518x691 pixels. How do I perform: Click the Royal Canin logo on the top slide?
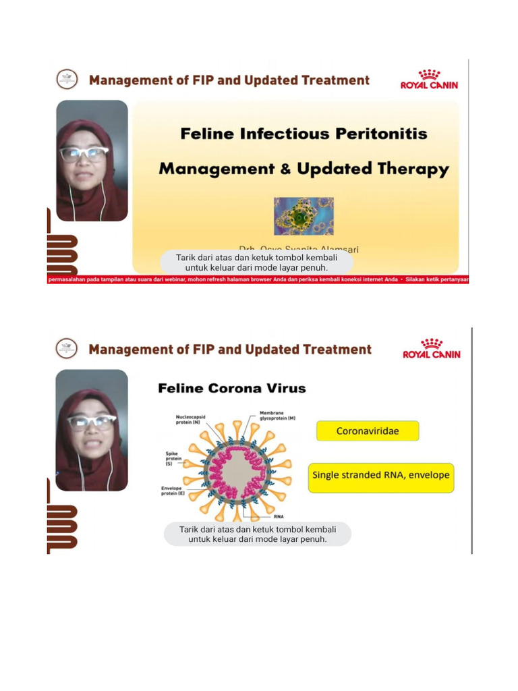429,79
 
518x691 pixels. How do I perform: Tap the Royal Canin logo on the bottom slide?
432,348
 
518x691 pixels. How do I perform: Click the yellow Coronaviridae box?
368,431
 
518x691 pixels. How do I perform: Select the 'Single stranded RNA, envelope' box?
380,474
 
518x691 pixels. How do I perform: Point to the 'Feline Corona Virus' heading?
231,388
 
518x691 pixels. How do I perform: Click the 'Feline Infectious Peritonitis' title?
304,133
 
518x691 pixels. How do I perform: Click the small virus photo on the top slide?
304,216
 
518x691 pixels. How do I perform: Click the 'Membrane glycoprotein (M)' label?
277,415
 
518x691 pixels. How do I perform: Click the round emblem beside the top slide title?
67,80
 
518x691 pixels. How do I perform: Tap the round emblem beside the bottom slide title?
67,349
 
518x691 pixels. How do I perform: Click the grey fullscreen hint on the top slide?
256,262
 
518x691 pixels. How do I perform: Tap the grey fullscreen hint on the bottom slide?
258,534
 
